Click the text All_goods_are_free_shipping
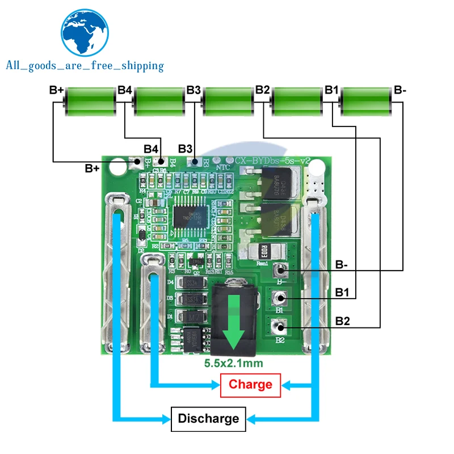[85, 66]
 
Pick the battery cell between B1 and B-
[365, 103]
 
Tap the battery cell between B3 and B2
[227, 103]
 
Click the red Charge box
[250, 385]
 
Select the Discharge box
[208, 419]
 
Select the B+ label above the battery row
[56, 90]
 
